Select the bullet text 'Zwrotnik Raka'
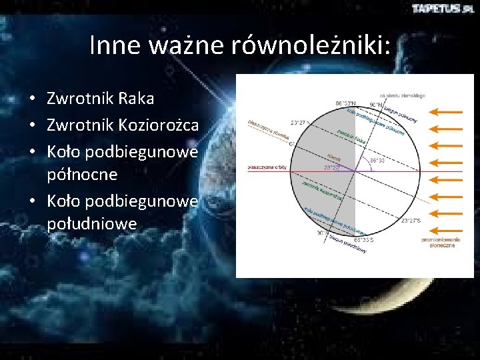pos(100,99)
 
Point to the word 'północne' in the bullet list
pos(82,174)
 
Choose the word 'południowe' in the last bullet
pos(92,223)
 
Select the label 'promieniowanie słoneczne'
pos(438,241)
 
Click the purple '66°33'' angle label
pos(377,160)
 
